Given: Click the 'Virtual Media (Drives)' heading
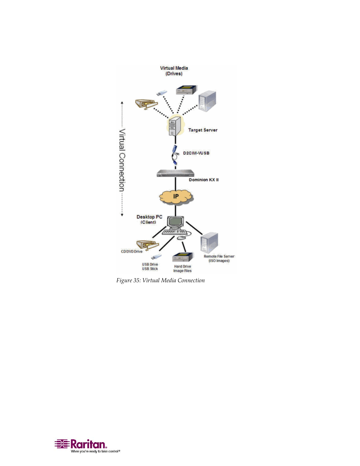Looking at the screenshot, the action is (174, 71).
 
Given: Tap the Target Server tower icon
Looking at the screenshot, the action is (174, 126).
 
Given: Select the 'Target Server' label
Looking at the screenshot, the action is (203, 130).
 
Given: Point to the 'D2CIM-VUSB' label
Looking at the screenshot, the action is (196, 153).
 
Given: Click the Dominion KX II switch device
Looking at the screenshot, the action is (175, 174).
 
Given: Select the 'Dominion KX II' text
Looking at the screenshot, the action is (203, 180).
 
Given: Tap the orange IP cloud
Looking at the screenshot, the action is (176, 197).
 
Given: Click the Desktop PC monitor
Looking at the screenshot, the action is (175, 222).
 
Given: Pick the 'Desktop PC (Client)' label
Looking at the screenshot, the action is (149, 220).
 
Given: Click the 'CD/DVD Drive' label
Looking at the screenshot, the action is (132, 252).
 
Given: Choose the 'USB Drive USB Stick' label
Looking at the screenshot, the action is (150, 267).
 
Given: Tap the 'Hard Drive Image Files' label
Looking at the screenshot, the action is (182, 269).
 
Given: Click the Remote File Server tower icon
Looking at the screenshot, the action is (209, 243).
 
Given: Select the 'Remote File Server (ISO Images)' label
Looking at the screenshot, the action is (219, 258).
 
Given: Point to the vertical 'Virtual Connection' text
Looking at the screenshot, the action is (122, 160).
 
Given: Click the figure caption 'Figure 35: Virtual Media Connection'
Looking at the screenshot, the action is (160, 280).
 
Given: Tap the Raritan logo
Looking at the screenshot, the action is (87, 445).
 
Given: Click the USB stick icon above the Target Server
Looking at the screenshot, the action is (162, 93).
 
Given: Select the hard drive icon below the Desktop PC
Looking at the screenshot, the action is (183, 257).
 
